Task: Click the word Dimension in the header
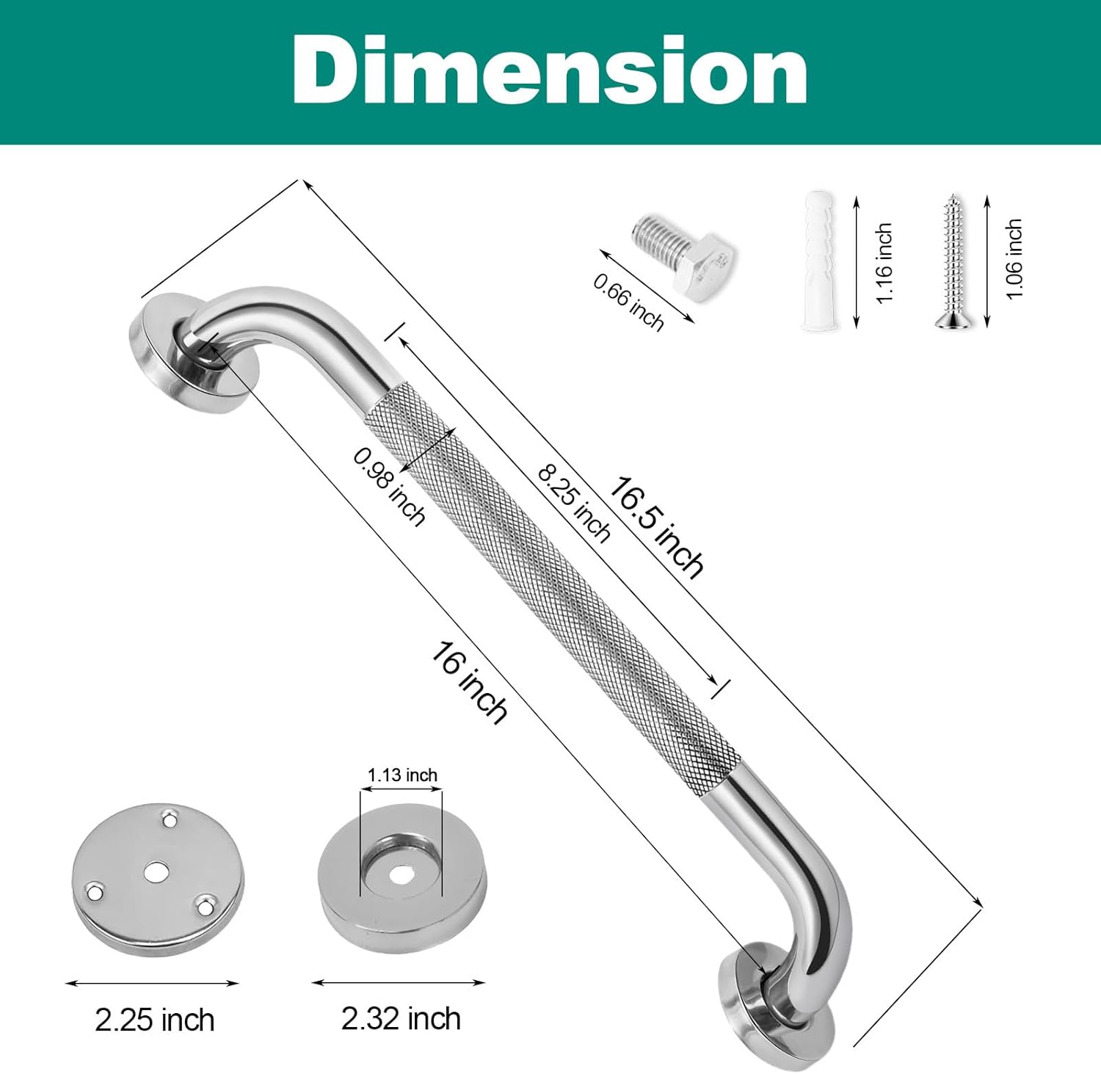tap(550, 70)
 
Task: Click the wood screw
tap(951, 261)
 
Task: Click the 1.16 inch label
tap(885, 262)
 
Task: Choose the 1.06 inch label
tap(1014, 258)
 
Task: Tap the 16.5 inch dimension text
tap(656, 527)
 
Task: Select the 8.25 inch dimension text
tap(574, 503)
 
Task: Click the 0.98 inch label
tap(389, 487)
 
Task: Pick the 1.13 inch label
tap(402, 775)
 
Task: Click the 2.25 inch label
tap(155, 1020)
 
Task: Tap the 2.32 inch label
tap(401, 1019)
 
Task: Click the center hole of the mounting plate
tap(155, 871)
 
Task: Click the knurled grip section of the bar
tap(550, 587)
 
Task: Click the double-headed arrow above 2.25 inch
tap(153, 983)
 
